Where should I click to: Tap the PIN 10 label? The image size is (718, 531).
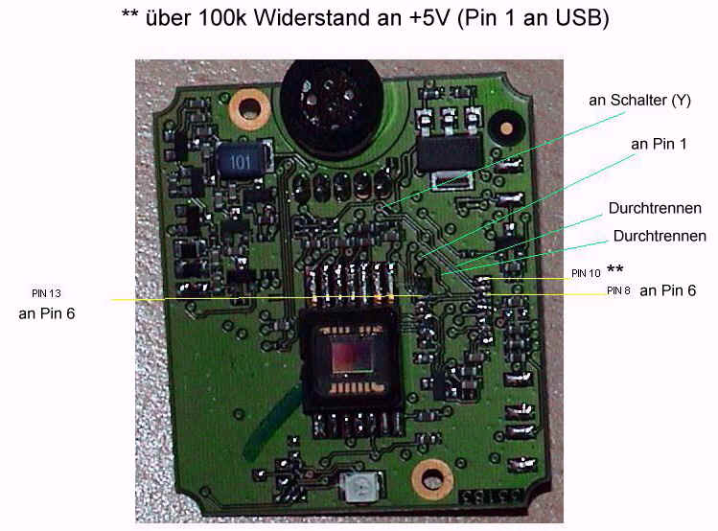pos(587,273)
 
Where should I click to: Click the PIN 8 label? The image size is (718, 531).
pos(618,290)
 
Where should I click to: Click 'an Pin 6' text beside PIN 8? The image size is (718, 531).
pos(668,290)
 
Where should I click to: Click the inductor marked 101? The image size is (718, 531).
pos(239,162)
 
